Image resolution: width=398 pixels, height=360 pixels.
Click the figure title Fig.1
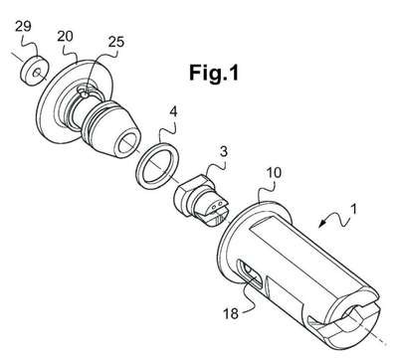(214, 73)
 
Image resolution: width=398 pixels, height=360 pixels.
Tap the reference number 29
(23, 26)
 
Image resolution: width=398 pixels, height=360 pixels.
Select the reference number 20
(65, 36)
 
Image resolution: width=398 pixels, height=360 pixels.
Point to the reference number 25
(116, 42)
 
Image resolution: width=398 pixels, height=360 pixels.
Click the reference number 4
(173, 112)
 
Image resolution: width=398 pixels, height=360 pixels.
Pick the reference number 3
(224, 151)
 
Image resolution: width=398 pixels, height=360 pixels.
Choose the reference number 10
(274, 172)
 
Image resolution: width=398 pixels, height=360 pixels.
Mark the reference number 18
(231, 313)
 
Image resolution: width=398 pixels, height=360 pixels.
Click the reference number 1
(354, 210)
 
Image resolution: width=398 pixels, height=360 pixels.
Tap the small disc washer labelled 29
(33, 72)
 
